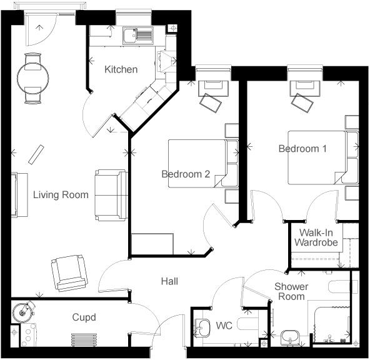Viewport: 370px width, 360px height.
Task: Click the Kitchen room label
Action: click(x=121, y=69)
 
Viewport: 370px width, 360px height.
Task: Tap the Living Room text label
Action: click(x=61, y=195)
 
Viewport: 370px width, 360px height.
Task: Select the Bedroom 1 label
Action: click(x=302, y=149)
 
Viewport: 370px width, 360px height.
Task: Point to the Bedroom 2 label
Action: click(x=186, y=174)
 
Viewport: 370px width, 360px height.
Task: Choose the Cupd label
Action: click(x=84, y=317)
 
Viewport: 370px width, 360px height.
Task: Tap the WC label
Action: click(x=224, y=326)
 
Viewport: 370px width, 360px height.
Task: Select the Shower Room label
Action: click(x=290, y=291)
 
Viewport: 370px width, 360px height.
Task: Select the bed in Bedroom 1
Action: click(x=317, y=157)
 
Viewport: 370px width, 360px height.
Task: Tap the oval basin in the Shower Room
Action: click(x=289, y=337)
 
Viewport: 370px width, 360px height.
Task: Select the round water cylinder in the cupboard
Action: click(x=24, y=310)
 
